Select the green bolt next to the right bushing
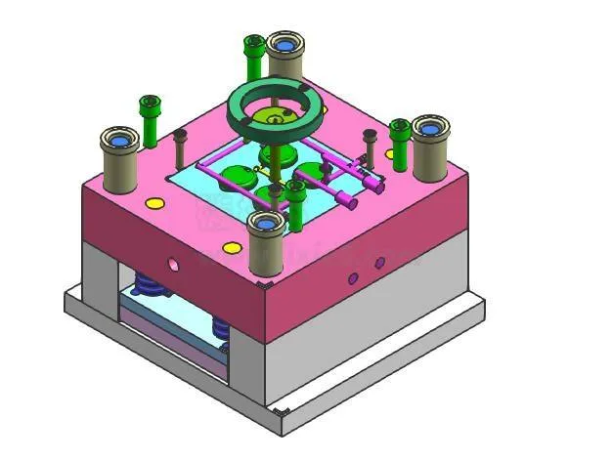click(399, 142)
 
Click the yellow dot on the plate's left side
click(154, 203)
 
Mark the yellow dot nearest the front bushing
click(232, 248)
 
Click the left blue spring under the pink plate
click(147, 283)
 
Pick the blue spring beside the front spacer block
click(221, 327)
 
